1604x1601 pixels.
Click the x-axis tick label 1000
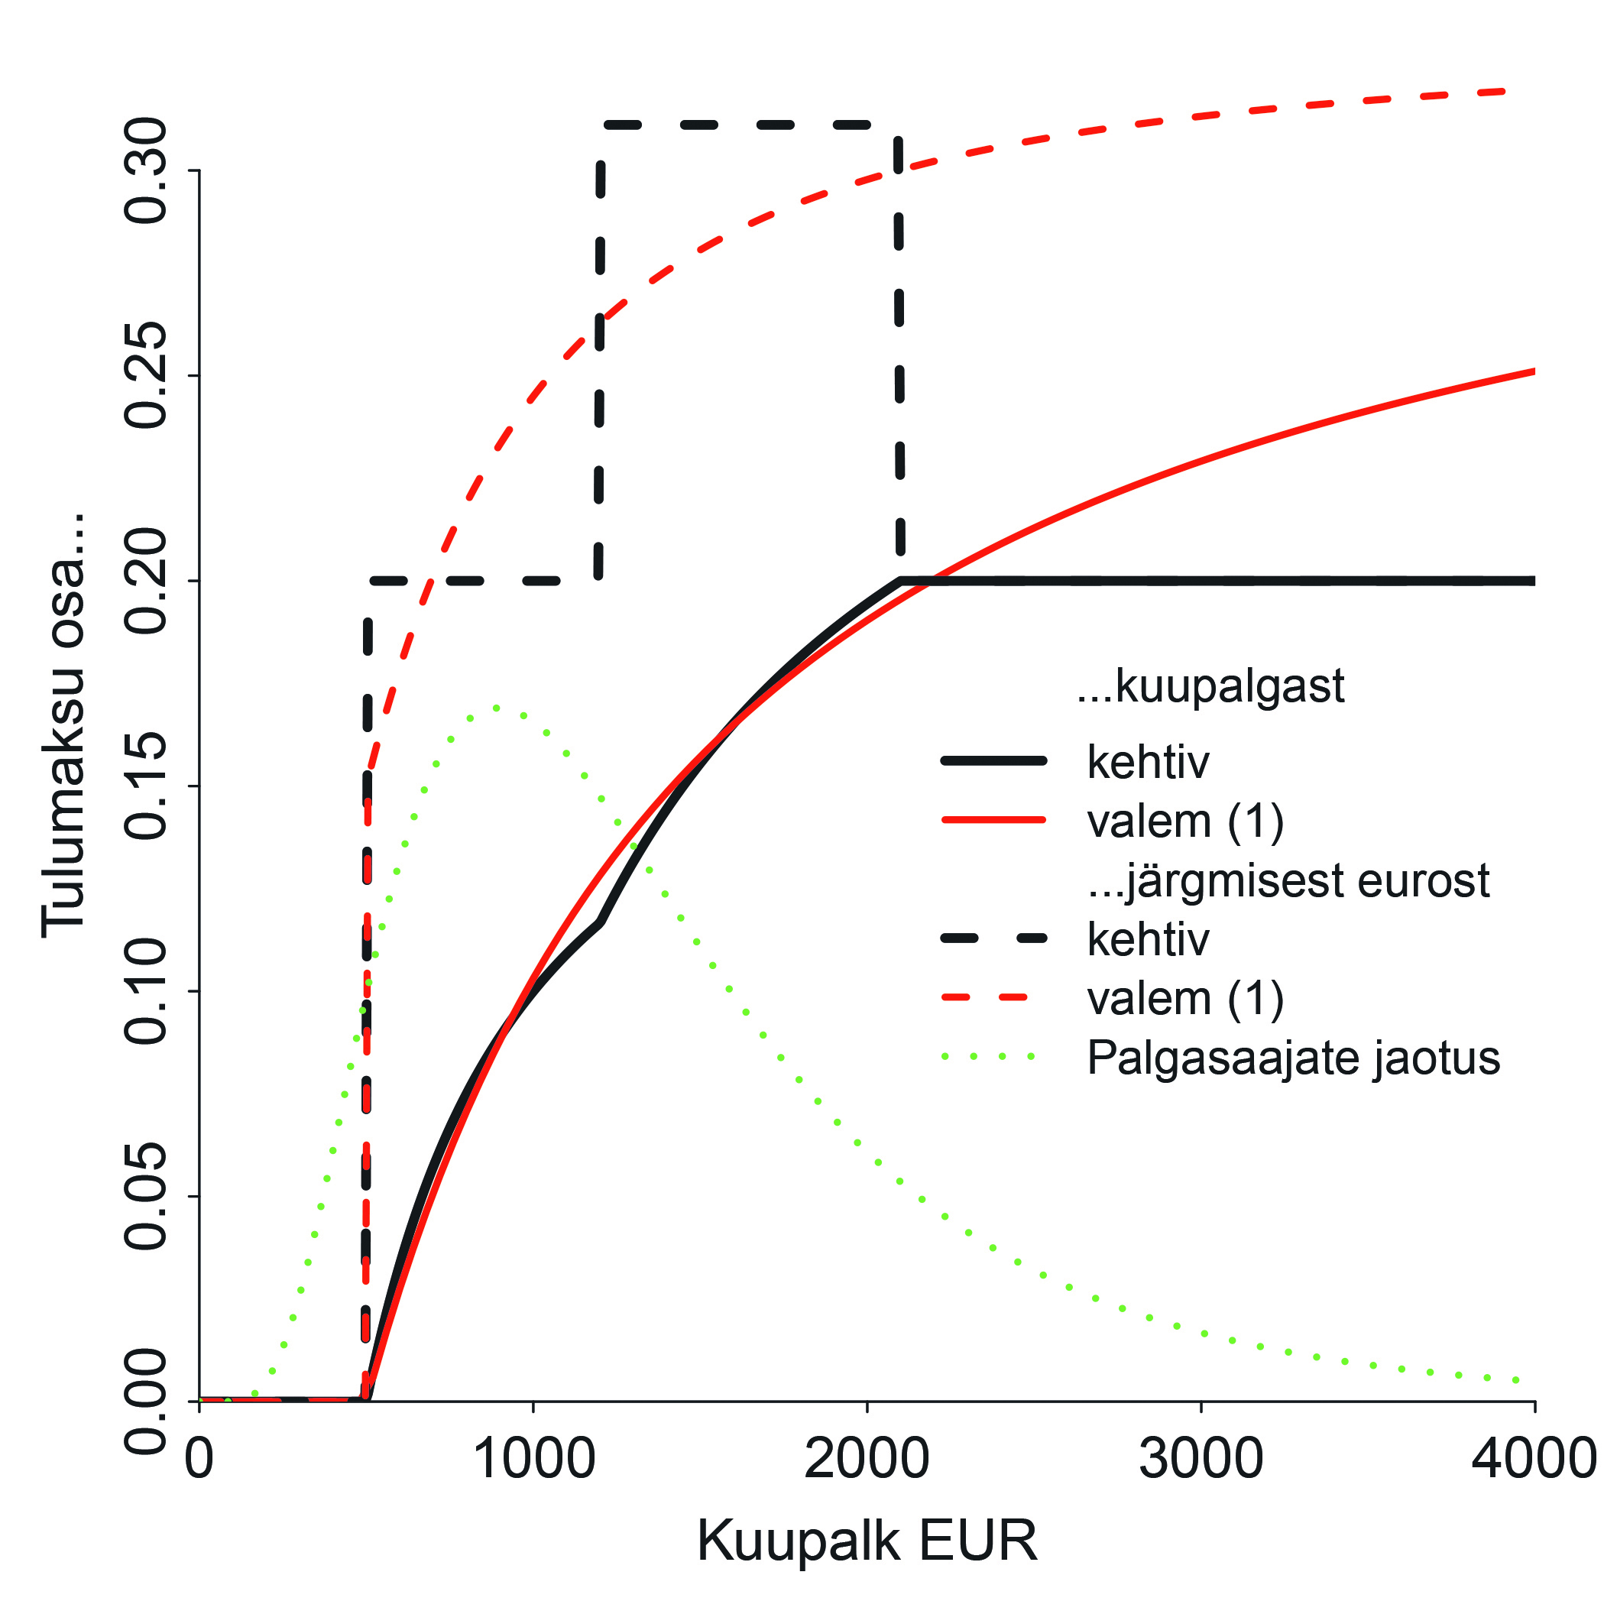tap(533, 1459)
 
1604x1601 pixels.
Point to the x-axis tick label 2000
tap(866, 1459)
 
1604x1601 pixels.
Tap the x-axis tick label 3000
tap(1201, 1459)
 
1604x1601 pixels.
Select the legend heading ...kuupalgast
tap(1210, 687)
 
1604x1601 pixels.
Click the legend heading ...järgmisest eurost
tap(1288, 881)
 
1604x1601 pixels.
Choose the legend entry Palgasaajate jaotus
tap(1293, 1058)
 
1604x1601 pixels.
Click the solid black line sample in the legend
tap(993, 760)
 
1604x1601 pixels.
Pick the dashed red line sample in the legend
tap(993, 997)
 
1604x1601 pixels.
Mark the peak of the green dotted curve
tap(496, 708)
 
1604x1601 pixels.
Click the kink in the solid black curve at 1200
tap(600, 922)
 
